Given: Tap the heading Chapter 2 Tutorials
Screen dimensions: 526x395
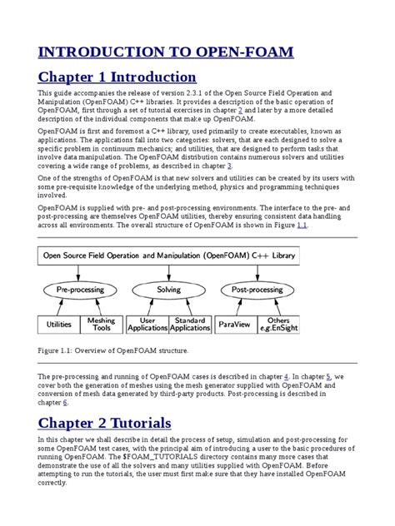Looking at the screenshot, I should [104, 423].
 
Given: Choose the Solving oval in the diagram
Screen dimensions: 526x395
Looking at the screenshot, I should [169, 290].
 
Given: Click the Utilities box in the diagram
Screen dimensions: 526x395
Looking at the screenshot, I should [58, 325].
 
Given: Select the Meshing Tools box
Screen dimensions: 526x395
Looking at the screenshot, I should [102, 325].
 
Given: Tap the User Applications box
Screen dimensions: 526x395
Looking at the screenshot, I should [147, 325].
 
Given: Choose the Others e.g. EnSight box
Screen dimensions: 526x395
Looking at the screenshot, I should [281, 325].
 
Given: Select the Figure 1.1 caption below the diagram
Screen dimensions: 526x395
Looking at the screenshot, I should [113, 351].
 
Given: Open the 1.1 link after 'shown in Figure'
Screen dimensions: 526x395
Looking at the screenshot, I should [302, 225].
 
